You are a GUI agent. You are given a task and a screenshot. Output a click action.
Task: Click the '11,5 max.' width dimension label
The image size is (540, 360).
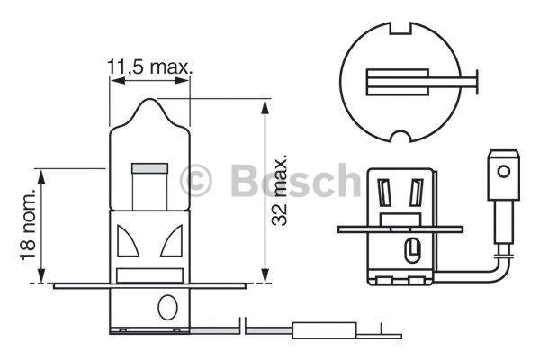pyautogui.click(x=151, y=67)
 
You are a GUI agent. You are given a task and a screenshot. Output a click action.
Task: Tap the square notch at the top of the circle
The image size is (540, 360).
pyautogui.click(x=397, y=33)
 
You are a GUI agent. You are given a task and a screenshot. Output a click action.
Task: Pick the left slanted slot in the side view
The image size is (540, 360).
pyautogui.click(x=385, y=191)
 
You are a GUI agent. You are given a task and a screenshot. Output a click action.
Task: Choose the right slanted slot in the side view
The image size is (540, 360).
pyautogui.click(x=416, y=191)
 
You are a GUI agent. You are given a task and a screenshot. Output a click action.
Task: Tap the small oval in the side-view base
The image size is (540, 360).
pyautogui.click(x=412, y=247)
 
